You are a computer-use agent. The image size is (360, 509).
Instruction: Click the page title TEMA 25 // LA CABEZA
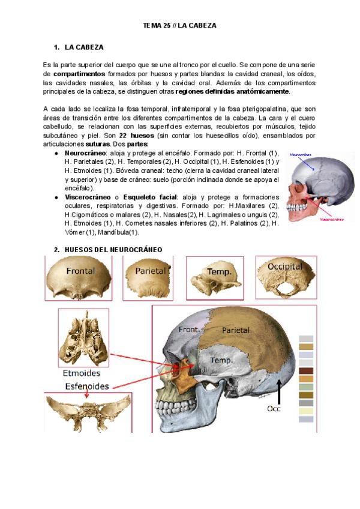pyautogui.click(x=179, y=26)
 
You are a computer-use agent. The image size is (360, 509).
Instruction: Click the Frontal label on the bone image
pyautogui.click(x=80, y=271)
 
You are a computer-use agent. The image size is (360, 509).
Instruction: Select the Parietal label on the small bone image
pyautogui.click(x=150, y=271)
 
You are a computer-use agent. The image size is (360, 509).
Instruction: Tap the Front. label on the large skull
pyautogui.click(x=188, y=330)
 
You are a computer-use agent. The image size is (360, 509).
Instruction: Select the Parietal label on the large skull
pyautogui.click(x=236, y=330)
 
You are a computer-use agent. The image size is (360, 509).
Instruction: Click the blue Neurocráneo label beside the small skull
pyautogui.click(x=303, y=155)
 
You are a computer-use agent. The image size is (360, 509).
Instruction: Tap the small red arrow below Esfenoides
pyautogui.click(x=86, y=394)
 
